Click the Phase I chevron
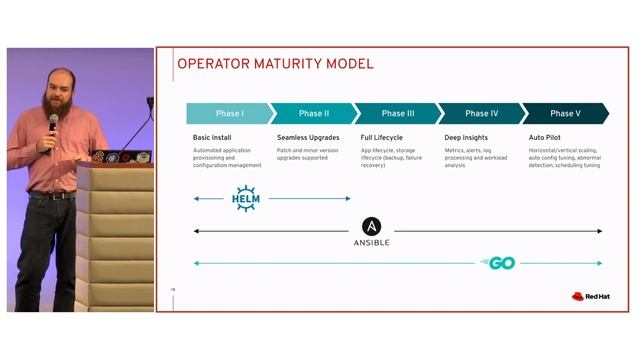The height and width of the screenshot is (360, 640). (228, 114)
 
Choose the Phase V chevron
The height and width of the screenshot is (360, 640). (564, 114)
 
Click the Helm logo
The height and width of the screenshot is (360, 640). (246, 198)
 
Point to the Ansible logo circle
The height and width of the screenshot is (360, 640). (372, 227)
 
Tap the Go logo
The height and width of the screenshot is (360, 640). (499, 263)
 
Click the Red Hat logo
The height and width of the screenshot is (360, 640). (585, 296)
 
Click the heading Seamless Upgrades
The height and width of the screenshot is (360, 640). (308, 137)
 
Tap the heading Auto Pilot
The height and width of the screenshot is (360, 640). (547, 137)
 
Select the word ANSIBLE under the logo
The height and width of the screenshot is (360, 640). (372, 243)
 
